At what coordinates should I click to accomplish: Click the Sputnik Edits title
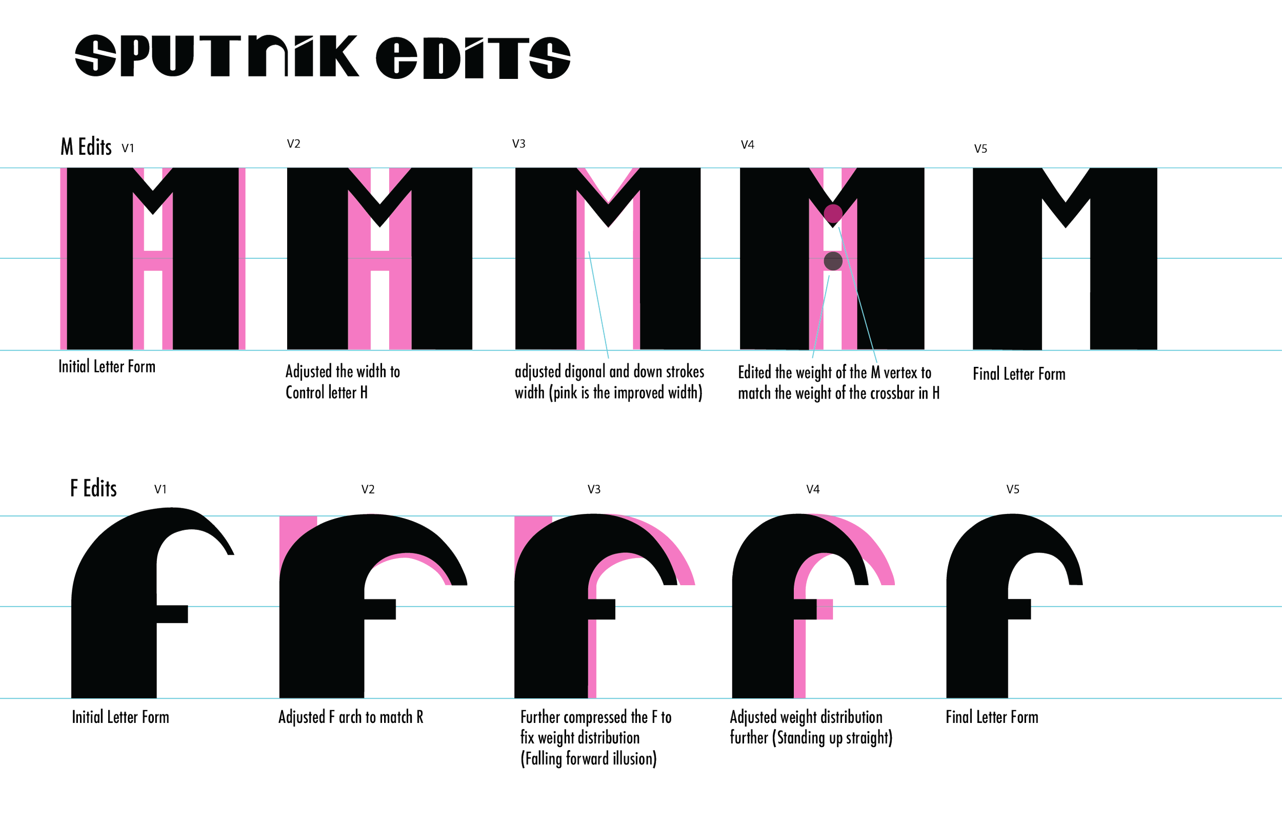point(322,56)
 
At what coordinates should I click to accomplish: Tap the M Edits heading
point(86,147)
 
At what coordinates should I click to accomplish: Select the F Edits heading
point(93,488)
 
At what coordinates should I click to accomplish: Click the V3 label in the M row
point(519,144)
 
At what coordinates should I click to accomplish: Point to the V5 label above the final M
point(981,148)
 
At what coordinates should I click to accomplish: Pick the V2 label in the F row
point(368,489)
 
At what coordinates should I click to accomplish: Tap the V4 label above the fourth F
point(812,489)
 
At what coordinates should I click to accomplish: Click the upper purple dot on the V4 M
point(833,214)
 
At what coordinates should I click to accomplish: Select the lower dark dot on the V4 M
point(833,261)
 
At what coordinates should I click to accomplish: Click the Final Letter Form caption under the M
point(1019,374)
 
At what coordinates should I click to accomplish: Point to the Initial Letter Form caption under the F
point(121,716)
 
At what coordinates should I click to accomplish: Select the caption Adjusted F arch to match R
point(351,716)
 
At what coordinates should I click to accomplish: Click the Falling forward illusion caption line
point(588,759)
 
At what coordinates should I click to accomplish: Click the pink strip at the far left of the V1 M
point(63,258)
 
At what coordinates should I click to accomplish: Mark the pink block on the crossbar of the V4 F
point(825,609)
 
